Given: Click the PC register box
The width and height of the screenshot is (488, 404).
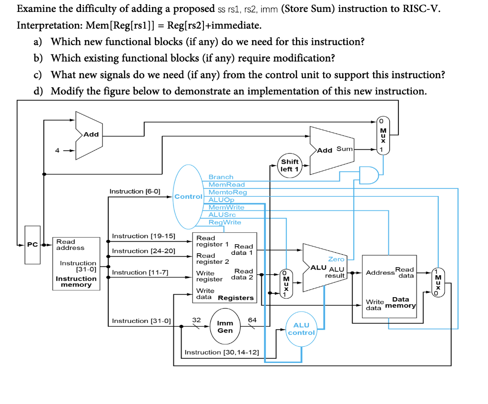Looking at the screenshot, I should pos(32,245).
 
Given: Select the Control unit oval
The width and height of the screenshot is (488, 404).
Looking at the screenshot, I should pos(189,197).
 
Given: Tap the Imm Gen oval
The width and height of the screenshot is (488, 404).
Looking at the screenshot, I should pos(225,327).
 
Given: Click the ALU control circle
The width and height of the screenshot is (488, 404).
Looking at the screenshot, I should pos(301,329).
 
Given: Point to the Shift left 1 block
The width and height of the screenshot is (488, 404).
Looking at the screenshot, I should pos(290,165).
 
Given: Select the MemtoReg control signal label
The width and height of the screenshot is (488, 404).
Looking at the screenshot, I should pos(228,192).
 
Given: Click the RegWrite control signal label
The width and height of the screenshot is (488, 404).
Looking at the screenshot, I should pos(225,222).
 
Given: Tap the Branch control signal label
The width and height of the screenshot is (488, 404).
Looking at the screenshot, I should pos(221,177).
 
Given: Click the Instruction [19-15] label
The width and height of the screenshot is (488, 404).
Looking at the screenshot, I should pos(143,236).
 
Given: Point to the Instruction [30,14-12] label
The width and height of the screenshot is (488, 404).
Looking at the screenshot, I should pos(222,352).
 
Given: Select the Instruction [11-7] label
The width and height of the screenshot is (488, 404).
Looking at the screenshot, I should pos(140,272).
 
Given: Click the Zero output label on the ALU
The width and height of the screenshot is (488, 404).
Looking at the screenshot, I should pos(336,259).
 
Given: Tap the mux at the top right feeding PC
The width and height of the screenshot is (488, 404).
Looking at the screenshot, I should pos(383,135).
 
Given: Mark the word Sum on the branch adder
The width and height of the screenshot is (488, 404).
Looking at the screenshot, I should pos(344,149).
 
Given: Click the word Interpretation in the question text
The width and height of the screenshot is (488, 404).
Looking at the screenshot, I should pos(44,25).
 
